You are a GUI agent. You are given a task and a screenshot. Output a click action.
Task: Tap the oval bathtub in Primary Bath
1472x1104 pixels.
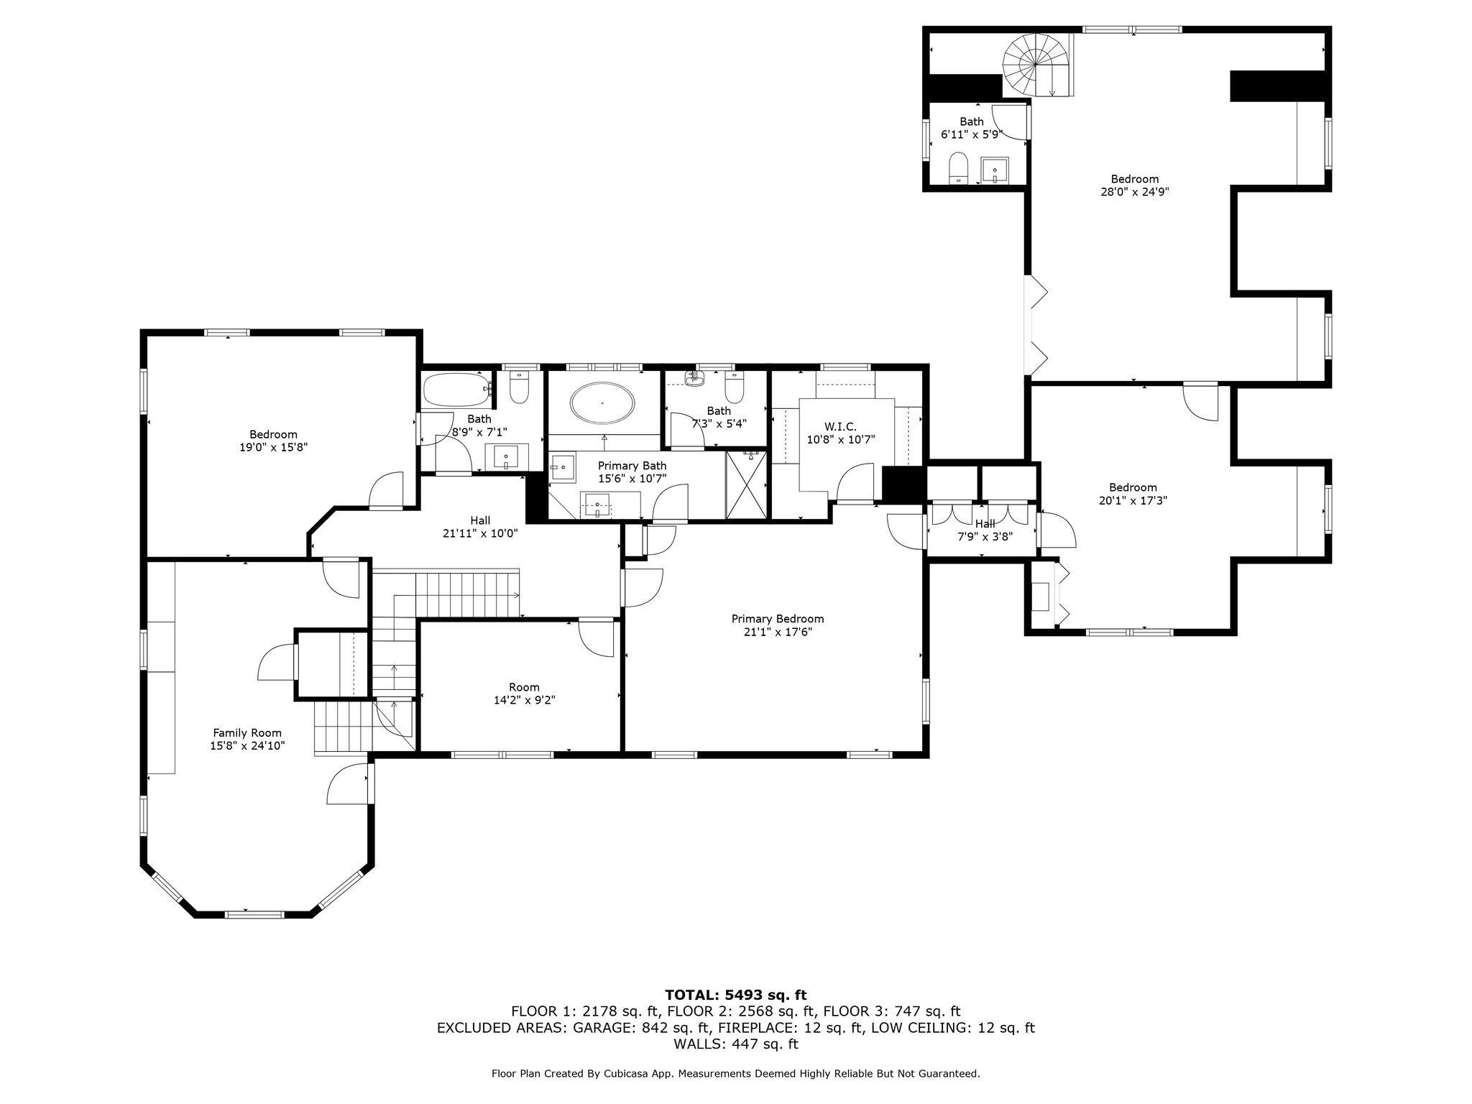click(603, 402)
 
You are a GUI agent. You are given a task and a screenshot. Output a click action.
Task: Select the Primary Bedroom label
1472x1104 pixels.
click(778, 619)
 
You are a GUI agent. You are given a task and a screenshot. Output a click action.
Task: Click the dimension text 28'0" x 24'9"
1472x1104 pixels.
click(1134, 192)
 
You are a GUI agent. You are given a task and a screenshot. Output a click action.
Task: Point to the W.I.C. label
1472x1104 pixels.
click(840, 427)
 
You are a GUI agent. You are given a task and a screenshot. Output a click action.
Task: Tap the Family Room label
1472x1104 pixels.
click(247, 733)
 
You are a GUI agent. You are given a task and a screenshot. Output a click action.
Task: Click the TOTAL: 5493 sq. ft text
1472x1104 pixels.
click(735, 995)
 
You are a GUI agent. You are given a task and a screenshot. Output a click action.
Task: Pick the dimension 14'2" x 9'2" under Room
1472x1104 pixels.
click(523, 700)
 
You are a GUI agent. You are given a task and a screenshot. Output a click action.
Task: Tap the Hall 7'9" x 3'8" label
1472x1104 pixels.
click(985, 529)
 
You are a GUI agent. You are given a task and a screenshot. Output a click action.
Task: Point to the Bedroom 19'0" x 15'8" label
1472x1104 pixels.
click(273, 441)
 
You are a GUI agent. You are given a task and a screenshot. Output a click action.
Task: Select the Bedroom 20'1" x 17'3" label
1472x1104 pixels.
click(1133, 494)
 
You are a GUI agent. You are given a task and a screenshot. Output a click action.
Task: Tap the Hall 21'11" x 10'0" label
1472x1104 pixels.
click(480, 527)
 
